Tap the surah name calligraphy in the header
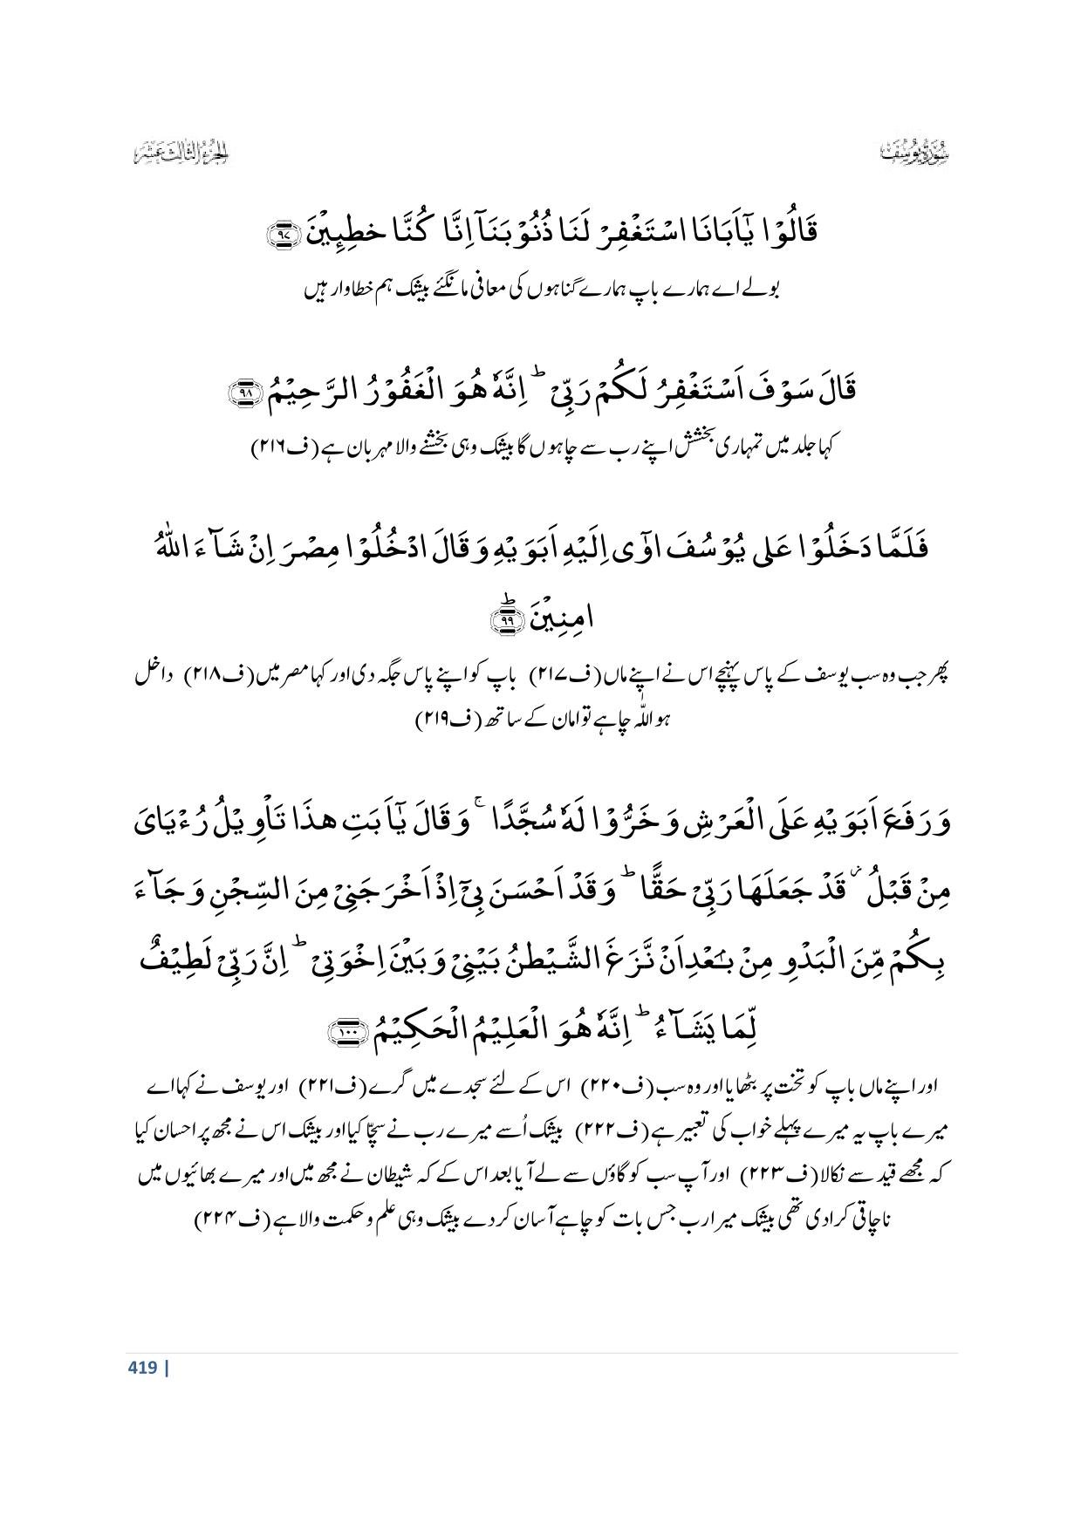tap(912, 154)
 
